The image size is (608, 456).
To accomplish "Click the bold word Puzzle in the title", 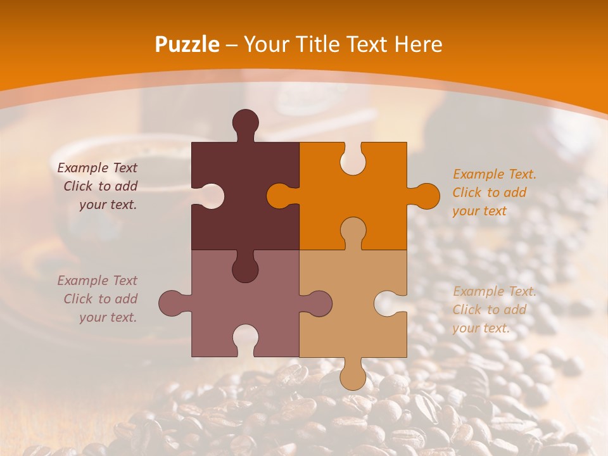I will [187, 45].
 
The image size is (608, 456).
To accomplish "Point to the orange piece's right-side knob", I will [426, 196].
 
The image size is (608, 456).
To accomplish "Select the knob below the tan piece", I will [353, 376].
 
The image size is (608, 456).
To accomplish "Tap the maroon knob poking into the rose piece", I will [245, 269].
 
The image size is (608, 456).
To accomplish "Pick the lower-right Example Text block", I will [493, 310].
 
